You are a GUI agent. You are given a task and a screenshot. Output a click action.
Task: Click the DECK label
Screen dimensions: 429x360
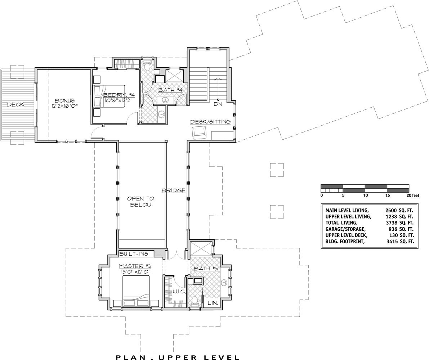click(15, 104)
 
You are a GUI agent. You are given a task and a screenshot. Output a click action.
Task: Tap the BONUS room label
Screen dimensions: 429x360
click(64, 100)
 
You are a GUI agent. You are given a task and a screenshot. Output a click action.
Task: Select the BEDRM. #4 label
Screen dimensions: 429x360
click(119, 95)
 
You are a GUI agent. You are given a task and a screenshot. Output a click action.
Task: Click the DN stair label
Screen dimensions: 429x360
click(218, 104)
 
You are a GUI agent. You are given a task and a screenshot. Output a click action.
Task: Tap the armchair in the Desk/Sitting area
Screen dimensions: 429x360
click(200, 133)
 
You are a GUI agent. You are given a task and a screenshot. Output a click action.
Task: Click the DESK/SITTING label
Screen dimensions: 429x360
click(210, 122)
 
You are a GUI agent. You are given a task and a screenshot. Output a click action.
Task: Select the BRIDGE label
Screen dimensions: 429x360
click(174, 190)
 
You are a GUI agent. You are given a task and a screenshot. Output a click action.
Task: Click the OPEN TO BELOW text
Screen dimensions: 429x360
click(140, 202)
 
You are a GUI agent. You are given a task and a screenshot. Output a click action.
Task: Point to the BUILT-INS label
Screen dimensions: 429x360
click(134, 254)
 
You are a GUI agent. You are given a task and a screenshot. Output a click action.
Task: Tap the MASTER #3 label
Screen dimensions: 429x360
click(135, 266)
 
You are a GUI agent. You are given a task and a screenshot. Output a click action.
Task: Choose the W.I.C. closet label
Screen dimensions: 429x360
click(179, 292)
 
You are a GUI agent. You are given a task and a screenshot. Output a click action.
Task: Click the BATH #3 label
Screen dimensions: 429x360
click(206, 269)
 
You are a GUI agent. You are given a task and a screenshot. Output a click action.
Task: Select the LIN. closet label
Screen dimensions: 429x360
click(213, 303)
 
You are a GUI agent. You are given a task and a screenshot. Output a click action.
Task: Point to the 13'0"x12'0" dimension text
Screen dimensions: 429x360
click(135, 271)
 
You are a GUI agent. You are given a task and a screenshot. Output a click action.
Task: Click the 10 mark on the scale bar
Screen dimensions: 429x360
click(366, 195)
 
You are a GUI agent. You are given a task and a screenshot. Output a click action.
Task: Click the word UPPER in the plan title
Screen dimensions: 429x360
click(176, 357)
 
